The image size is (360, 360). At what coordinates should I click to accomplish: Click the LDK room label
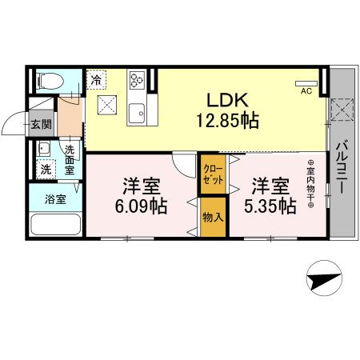[x=230, y=101]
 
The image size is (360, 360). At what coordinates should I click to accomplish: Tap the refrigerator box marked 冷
[x=96, y=79]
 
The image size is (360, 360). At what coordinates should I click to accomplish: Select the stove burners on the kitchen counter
[x=136, y=80]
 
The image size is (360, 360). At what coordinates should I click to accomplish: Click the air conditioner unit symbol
[x=306, y=82]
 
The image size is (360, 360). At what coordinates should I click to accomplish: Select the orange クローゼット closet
[x=213, y=174]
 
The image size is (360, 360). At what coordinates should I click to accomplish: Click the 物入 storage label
[x=212, y=218]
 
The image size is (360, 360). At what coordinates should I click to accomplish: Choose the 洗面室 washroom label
[x=70, y=160]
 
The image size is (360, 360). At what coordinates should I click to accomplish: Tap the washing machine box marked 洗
[x=46, y=169]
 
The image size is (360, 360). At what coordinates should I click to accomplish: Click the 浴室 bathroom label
[x=54, y=198]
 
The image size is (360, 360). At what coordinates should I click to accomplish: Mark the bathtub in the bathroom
[x=55, y=226]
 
